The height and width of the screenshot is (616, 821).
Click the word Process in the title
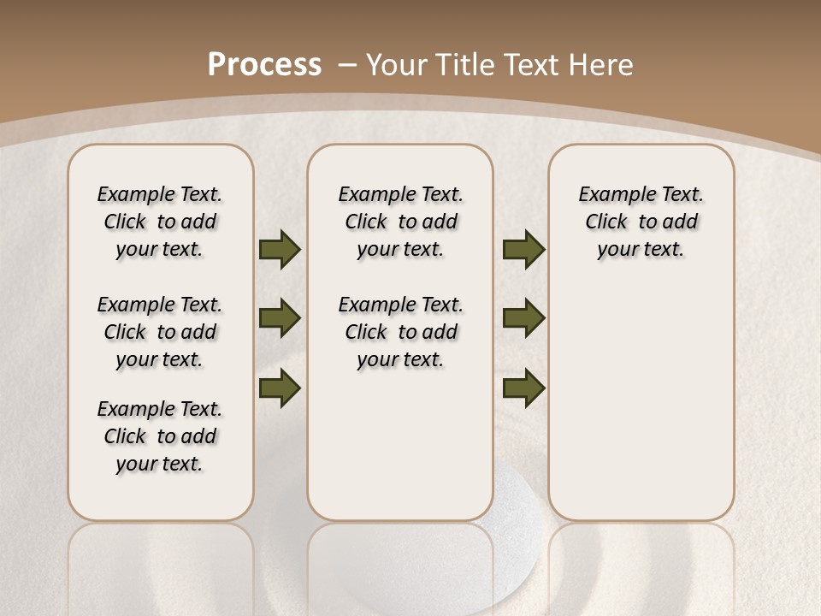[x=264, y=64]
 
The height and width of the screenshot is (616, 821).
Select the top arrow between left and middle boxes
[x=280, y=250]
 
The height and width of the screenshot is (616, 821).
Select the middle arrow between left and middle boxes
[x=280, y=319]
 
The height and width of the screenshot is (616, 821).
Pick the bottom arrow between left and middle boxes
[x=280, y=388]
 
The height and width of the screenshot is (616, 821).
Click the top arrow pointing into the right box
[x=523, y=250]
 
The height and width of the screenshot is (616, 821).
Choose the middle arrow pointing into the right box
[x=523, y=319]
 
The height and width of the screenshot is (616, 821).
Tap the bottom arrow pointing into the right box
[x=523, y=388]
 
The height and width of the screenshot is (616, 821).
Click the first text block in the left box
[x=160, y=222]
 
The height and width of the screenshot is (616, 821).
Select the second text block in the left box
[x=160, y=332]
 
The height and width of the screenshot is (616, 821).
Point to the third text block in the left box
[x=160, y=436]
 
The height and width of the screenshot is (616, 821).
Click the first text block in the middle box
[x=401, y=222]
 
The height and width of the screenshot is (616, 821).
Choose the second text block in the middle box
[x=401, y=332]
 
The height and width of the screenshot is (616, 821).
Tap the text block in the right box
[x=641, y=222]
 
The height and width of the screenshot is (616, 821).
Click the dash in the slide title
[x=347, y=65]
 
